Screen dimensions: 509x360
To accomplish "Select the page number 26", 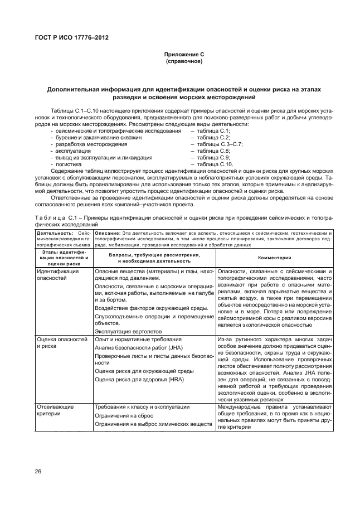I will [x=38, y=471].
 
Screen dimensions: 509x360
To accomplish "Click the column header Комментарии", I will [x=274, y=258].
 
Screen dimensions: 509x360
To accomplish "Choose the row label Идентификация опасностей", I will [x=57, y=274].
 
